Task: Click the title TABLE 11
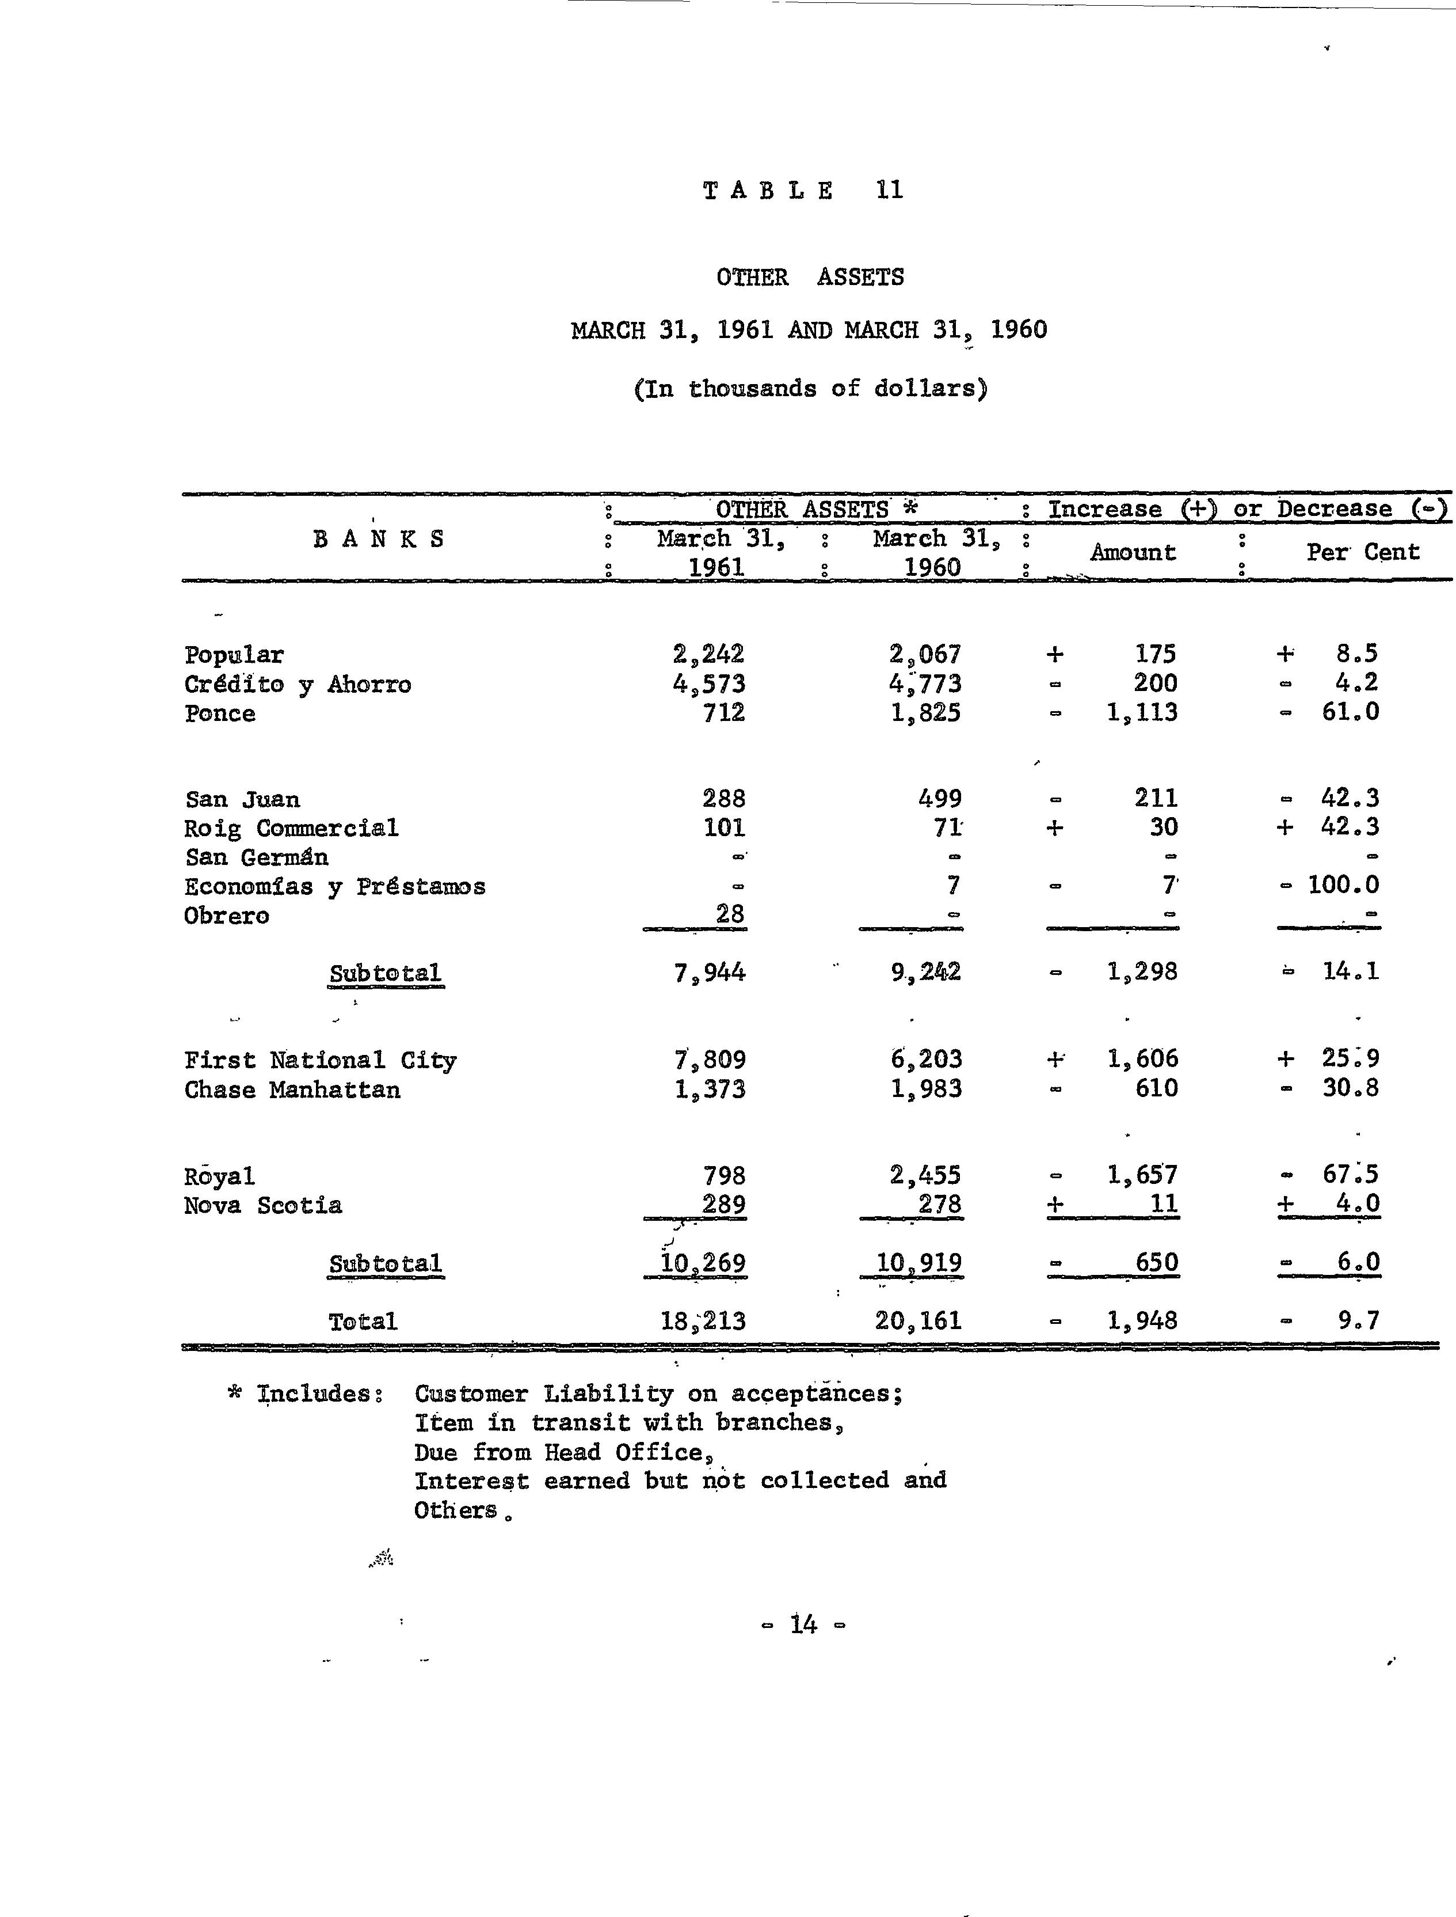pyautogui.click(x=803, y=190)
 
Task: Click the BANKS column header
pyautogui.click(x=379, y=540)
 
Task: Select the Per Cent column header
pyautogui.click(x=1362, y=552)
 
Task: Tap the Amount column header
pyautogui.click(x=1133, y=552)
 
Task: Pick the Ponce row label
pyautogui.click(x=220, y=713)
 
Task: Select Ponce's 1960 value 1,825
pyautogui.click(x=925, y=713)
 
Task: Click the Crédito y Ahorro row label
pyautogui.click(x=298, y=684)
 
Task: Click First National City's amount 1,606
pyautogui.click(x=1142, y=1058)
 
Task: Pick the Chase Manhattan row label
pyautogui.click(x=292, y=1090)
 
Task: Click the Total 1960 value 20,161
pyautogui.click(x=918, y=1320)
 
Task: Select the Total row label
pyautogui.click(x=363, y=1322)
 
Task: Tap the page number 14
pyautogui.click(x=803, y=1624)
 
